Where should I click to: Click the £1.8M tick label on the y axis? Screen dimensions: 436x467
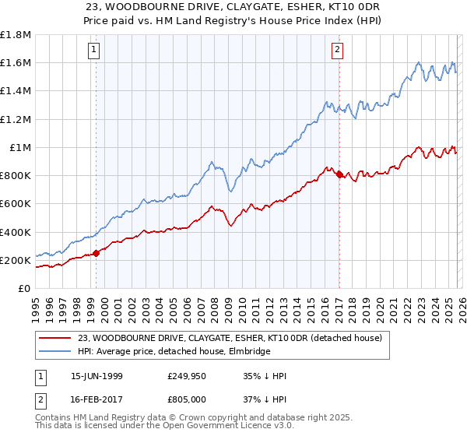click(16, 35)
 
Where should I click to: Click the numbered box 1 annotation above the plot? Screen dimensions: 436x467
click(93, 51)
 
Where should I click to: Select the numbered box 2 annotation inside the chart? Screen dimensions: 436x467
click(337, 51)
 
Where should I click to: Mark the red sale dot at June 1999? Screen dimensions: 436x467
click(97, 253)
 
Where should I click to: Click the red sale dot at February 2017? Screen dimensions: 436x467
click(339, 174)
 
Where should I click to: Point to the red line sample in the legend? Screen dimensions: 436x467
click(54, 339)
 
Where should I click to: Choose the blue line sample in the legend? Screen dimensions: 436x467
click(54, 352)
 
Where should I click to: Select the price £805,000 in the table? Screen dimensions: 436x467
click(189, 399)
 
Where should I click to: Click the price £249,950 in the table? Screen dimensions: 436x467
click(189, 377)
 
